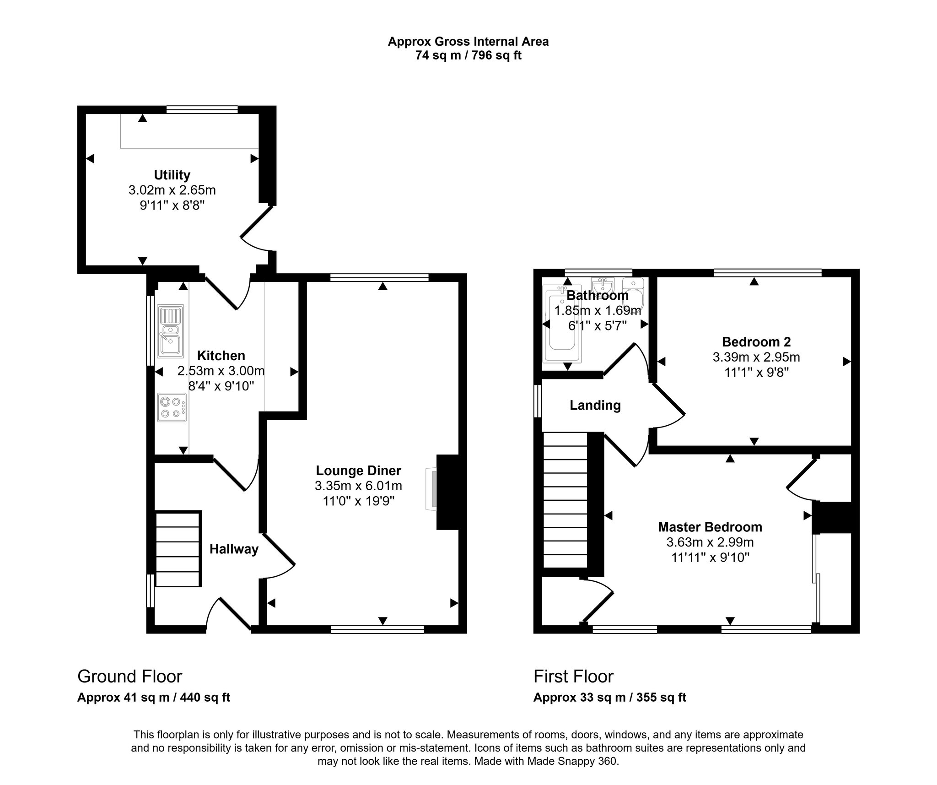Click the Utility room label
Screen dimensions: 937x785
[172, 175]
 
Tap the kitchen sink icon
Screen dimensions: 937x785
[170, 331]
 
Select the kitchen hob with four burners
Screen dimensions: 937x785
[172, 407]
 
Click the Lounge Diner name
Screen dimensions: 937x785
[358, 471]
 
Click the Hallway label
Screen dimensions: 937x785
[234, 549]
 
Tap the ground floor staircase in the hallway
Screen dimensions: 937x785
[178, 549]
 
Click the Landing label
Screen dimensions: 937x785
[595, 405]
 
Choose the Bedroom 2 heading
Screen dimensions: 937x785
[756, 341]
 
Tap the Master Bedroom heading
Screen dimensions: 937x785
[710, 527]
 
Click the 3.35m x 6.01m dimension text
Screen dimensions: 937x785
[358, 486]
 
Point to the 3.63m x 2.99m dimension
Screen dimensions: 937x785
[710, 542]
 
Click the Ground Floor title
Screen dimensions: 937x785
[130, 676]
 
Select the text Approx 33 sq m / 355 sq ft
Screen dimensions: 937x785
[610, 697]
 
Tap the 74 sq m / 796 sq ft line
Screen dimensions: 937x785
[468, 55]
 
